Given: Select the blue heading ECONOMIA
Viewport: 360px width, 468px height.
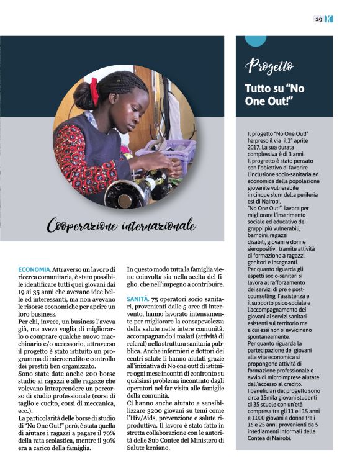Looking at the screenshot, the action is point(43,269).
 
